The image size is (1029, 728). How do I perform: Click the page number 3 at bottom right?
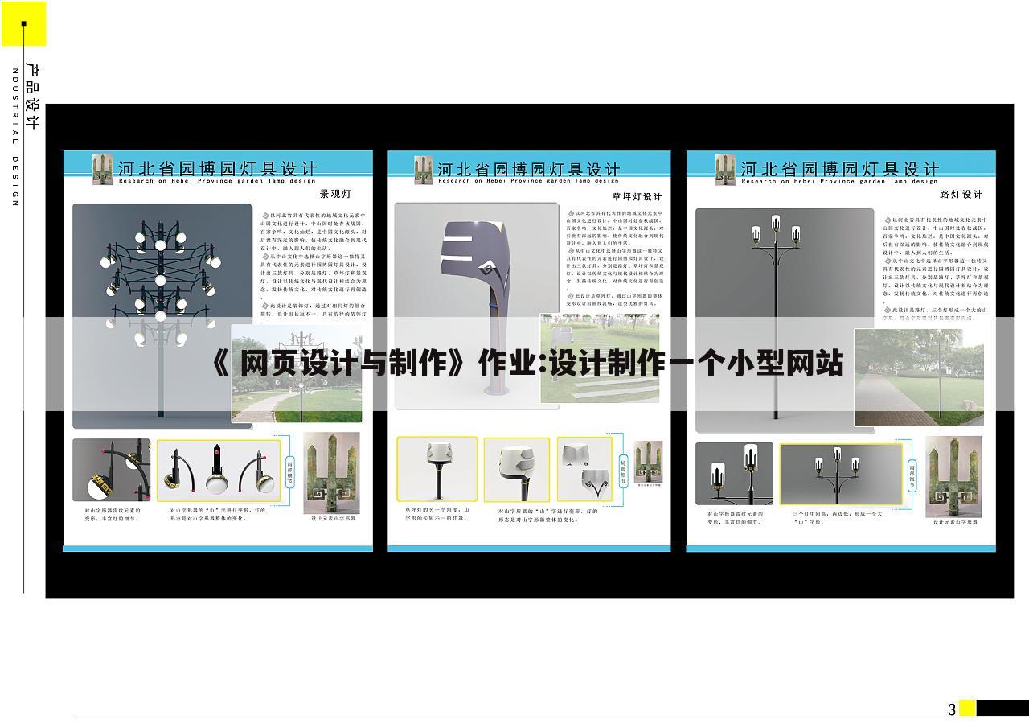(952, 709)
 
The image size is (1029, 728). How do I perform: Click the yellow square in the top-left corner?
(23, 23)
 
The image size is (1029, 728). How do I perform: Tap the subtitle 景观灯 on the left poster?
(335, 194)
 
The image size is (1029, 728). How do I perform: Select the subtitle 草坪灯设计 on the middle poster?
(637, 196)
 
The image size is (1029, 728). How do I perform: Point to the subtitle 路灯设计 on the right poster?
(961, 194)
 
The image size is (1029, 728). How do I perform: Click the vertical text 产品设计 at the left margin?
(33, 97)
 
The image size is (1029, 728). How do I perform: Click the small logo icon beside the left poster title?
(102, 169)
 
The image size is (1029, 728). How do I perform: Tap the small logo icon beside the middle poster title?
(423, 170)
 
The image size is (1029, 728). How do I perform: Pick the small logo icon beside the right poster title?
(725, 169)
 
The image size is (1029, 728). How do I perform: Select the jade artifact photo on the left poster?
(331, 473)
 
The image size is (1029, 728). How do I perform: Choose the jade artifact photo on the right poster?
(953, 476)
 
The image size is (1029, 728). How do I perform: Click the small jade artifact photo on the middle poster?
(648, 462)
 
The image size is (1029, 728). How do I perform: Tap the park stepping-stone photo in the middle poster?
(599, 358)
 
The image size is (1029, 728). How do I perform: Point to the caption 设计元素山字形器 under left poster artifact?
(333, 519)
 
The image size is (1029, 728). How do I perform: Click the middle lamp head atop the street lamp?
(775, 224)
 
